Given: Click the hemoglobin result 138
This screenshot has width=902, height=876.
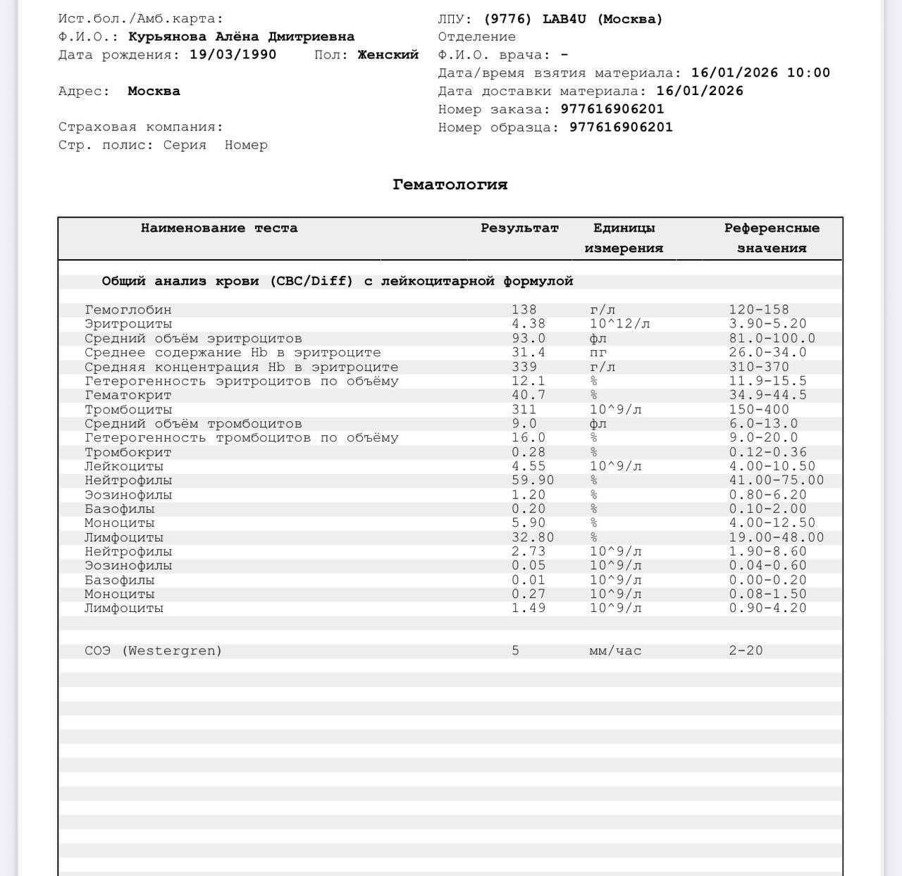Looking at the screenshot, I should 524,310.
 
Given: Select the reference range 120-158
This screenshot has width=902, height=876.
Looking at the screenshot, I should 759,310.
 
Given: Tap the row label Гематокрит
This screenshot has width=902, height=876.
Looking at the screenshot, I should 128,395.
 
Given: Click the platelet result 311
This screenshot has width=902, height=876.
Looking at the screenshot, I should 524,410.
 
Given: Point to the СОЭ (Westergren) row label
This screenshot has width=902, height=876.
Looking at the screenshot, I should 153,651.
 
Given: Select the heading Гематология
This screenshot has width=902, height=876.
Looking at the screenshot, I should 450,184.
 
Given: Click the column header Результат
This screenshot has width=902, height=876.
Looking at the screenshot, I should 519,228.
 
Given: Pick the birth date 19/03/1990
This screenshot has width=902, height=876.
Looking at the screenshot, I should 233,55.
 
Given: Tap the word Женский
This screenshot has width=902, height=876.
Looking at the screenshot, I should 388,55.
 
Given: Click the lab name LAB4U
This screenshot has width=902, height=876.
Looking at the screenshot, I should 564,19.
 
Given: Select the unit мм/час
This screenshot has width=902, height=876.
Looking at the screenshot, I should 615,651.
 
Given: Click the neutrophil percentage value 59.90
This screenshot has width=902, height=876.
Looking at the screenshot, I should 533,480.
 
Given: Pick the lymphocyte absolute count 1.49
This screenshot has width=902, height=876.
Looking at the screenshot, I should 529,608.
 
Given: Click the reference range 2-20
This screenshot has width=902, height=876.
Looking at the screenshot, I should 746,651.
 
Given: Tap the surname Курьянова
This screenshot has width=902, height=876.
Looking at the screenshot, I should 167,37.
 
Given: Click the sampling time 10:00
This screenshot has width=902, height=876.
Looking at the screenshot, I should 808,73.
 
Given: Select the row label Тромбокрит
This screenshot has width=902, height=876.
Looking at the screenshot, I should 128,452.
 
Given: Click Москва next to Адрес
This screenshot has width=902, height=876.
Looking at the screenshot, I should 154,91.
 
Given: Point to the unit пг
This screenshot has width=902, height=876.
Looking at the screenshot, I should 598,352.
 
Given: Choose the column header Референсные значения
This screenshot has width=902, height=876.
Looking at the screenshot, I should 772,238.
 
